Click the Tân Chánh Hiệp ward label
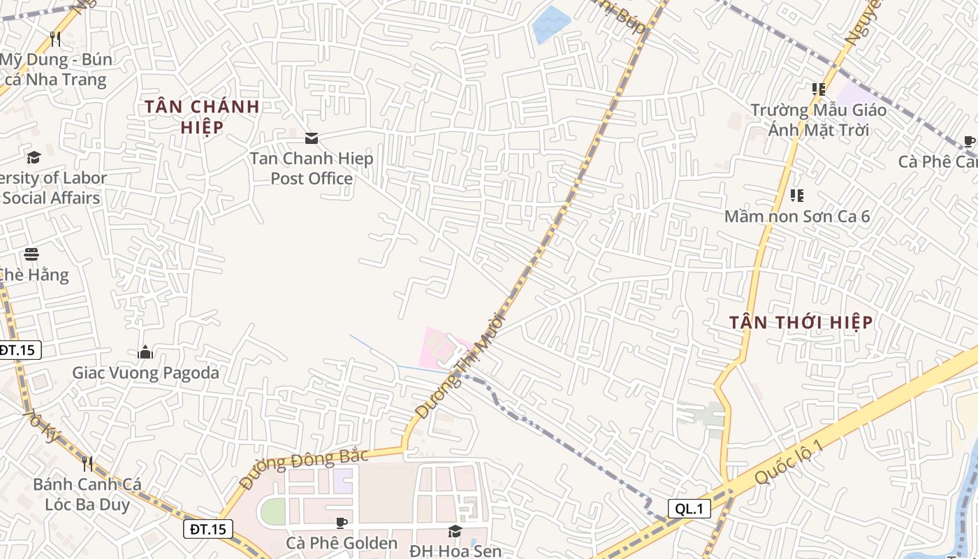[x=202, y=117]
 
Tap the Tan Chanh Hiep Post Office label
[x=312, y=168]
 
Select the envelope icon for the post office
[x=312, y=138]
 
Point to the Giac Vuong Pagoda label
[x=145, y=372]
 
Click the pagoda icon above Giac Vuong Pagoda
[x=145, y=351]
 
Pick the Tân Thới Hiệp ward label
[x=801, y=322]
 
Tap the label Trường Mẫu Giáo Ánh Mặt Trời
[x=819, y=119]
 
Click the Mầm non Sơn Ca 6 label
[x=797, y=216]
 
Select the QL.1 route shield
[x=689, y=509]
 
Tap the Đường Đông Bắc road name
[x=303, y=467]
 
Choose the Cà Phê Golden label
[x=342, y=543]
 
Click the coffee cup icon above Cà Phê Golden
[x=342, y=523]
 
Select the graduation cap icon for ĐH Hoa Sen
[x=455, y=531]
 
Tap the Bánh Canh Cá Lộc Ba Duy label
[x=87, y=494]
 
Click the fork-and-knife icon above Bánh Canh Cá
[x=87, y=463]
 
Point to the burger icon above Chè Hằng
[x=31, y=254]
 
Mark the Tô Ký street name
[x=42, y=426]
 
